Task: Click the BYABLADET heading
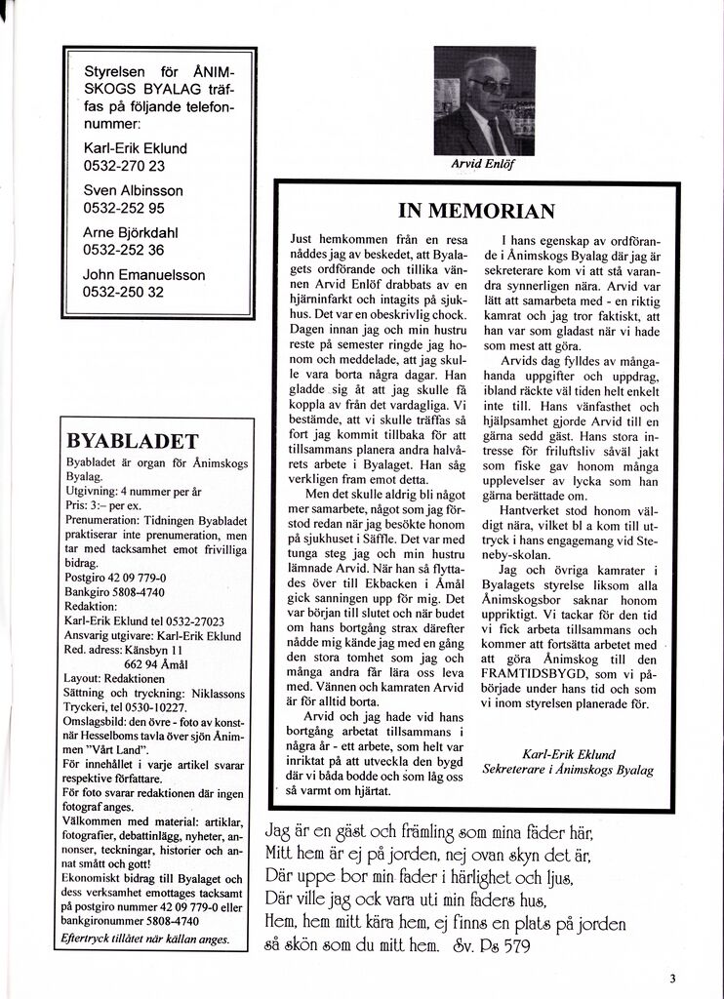point(130,439)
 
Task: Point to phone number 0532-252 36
point(124,250)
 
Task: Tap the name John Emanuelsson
point(144,275)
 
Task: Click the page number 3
point(673,979)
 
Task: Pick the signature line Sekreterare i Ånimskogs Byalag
point(568,770)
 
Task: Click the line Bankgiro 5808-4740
point(114,591)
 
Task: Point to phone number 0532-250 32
point(124,292)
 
